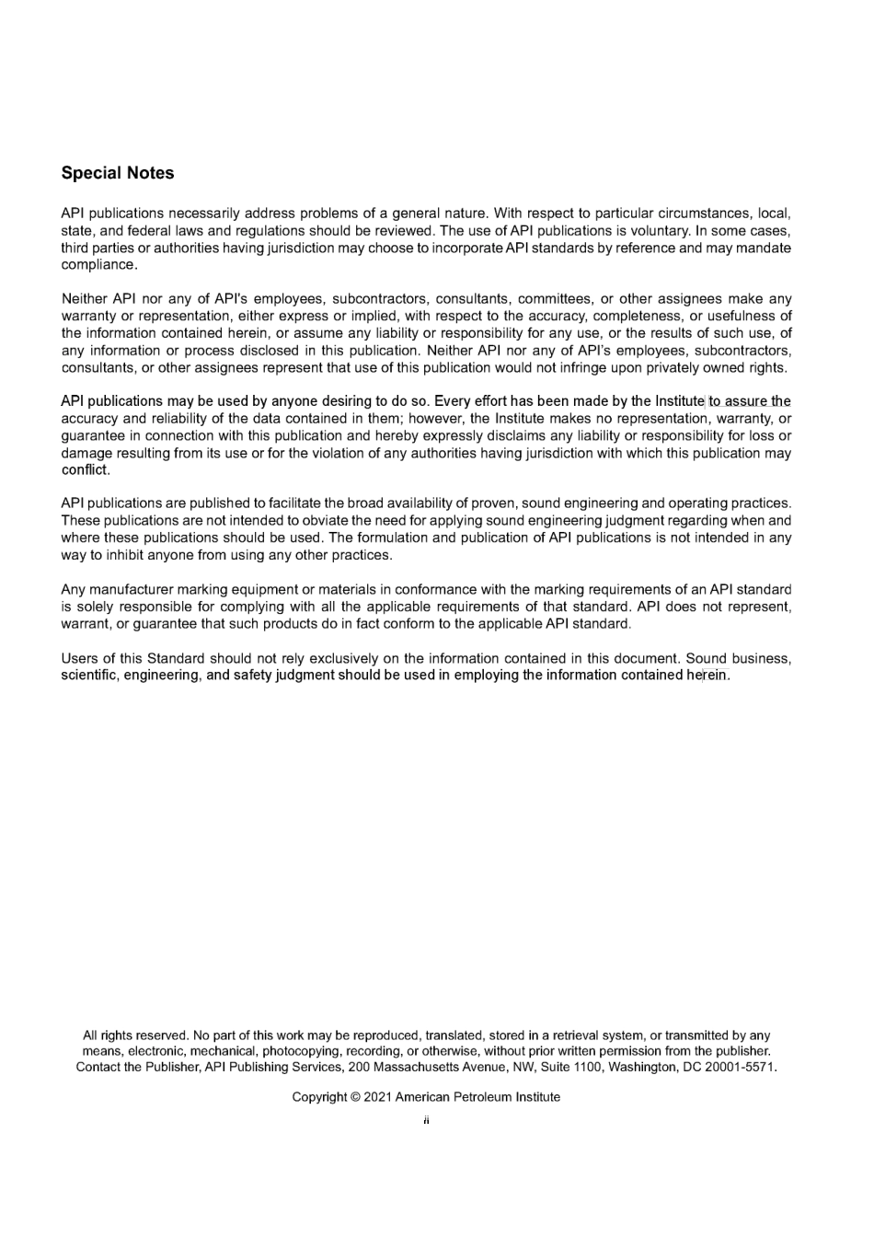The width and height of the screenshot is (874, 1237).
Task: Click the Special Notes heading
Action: pyautogui.click(x=117, y=173)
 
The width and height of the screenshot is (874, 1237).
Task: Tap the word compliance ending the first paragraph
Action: pyautogui.click(x=98, y=265)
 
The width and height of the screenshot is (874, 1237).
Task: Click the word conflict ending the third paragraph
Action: pyautogui.click(x=84, y=470)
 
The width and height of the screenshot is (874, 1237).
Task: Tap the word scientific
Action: pyautogui.click(x=89, y=676)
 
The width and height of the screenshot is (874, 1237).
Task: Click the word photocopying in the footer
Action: pyautogui.click(x=299, y=1051)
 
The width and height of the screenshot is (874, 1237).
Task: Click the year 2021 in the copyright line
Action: pyautogui.click(x=378, y=1097)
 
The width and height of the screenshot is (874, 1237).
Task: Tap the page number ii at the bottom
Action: pyautogui.click(x=427, y=1120)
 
